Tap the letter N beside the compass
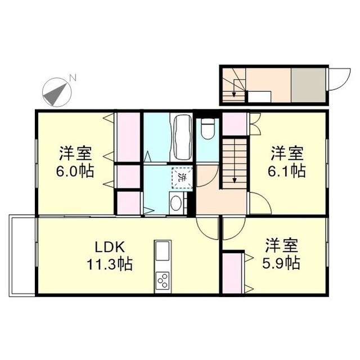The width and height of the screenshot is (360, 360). point(71,78)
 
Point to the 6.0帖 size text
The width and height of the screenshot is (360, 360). point(74,169)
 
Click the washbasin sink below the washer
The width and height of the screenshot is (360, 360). point(175,203)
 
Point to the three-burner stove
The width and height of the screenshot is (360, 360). point(162,279)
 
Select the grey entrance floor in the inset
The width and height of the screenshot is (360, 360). point(308,85)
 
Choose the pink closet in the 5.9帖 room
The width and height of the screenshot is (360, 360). point(232,272)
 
